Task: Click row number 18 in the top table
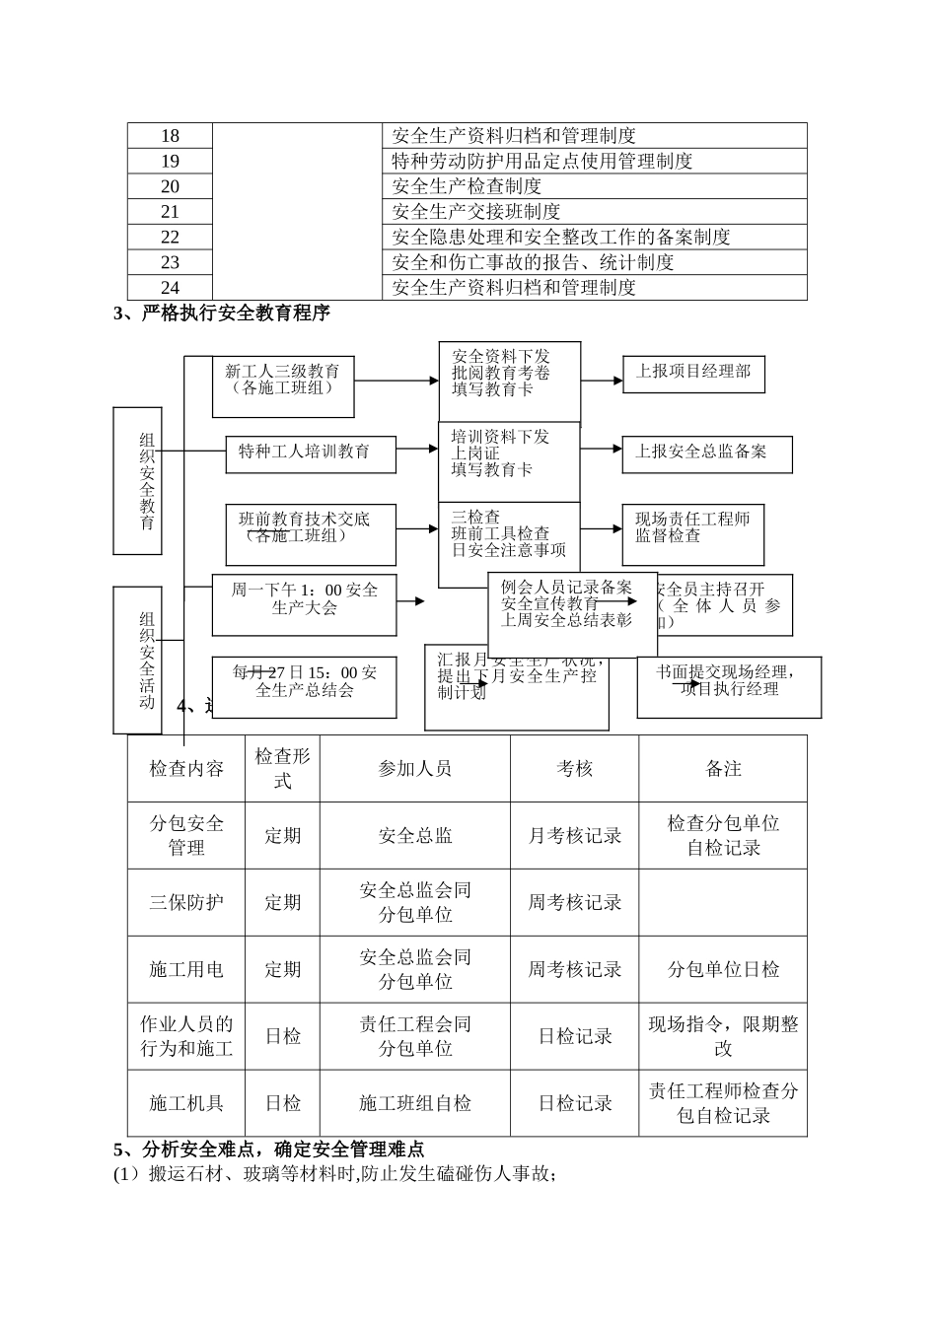coord(170,136)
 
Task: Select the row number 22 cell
coord(170,237)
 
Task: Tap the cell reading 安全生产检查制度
coord(467,186)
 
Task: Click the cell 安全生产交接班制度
coord(476,211)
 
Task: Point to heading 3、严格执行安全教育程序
coord(222,314)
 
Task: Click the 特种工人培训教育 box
coord(311,453)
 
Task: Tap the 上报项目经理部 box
coord(693,372)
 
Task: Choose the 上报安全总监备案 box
coord(706,452)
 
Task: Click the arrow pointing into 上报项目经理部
coord(602,381)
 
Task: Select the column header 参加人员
coord(415,769)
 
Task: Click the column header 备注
coord(723,769)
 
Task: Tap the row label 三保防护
coord(186,902)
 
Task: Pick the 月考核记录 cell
coord(574,836)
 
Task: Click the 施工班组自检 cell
coord(415,1104)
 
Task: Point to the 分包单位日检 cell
coord(723,970)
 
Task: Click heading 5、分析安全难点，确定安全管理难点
coord(269,1150)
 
